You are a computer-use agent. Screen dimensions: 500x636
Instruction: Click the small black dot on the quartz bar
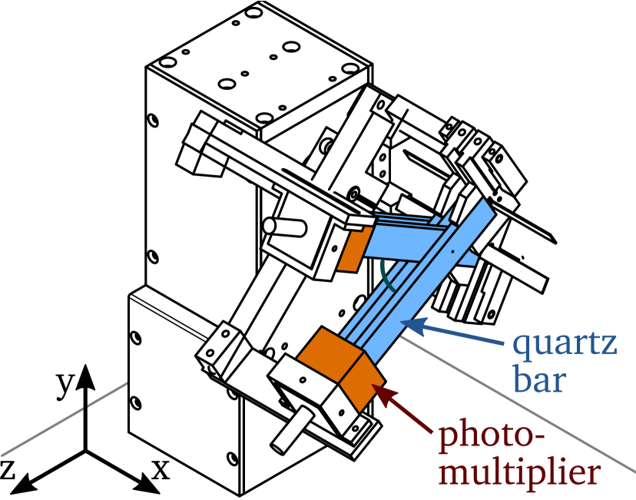coord(452,251)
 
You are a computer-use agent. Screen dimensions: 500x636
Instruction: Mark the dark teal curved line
coord(386,276)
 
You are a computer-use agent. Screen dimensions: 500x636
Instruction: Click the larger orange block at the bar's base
coord(329,354)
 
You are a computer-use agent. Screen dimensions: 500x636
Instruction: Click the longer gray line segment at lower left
coord(42,434)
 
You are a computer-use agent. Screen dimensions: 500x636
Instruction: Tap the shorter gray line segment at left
coord(108,393)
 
